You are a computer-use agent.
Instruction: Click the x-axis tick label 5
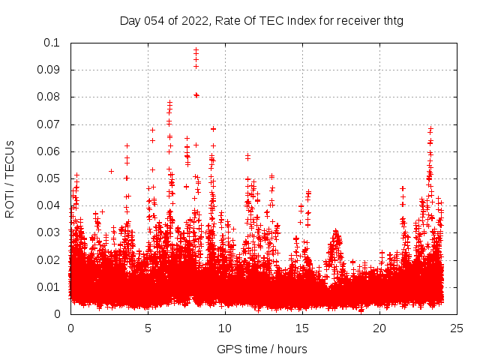point(148,328)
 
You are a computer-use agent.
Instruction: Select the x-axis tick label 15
point(302,328)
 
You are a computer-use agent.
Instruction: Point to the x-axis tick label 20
point(379,328)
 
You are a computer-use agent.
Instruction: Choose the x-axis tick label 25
point(457,328)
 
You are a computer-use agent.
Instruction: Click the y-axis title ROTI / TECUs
point(10,178)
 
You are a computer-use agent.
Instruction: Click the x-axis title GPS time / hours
point(262,349)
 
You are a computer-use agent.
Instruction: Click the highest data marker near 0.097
point(196,51)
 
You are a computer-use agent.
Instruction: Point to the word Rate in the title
point(229,20)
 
